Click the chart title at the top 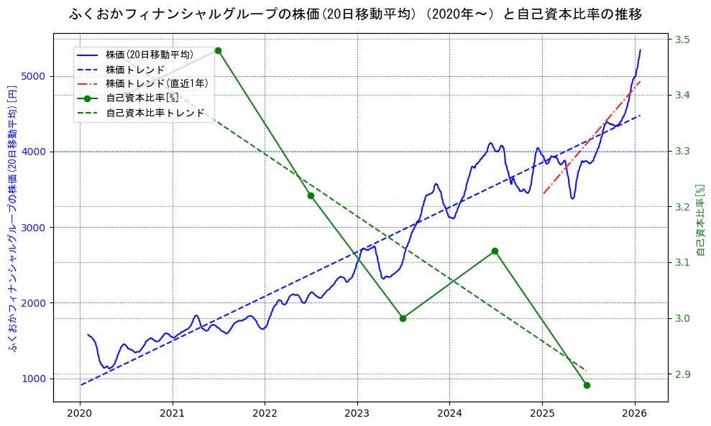[355, 14]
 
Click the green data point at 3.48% [218, 50]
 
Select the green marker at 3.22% [311, 195]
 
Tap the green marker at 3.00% [403, 318]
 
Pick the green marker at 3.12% [495, 251]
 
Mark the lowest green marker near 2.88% [587, 385]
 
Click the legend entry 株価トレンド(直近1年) [157, 83]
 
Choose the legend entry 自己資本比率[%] [142, 98]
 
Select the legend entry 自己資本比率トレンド [155, 113]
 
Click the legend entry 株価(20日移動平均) [149, 54]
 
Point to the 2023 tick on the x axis [357, 413]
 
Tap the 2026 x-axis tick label [635, 413]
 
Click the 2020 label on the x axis [80, 413]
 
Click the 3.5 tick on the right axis [682, 40]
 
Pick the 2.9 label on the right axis [682, 374]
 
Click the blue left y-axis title [12, 219]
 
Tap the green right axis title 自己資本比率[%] [702, 219]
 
